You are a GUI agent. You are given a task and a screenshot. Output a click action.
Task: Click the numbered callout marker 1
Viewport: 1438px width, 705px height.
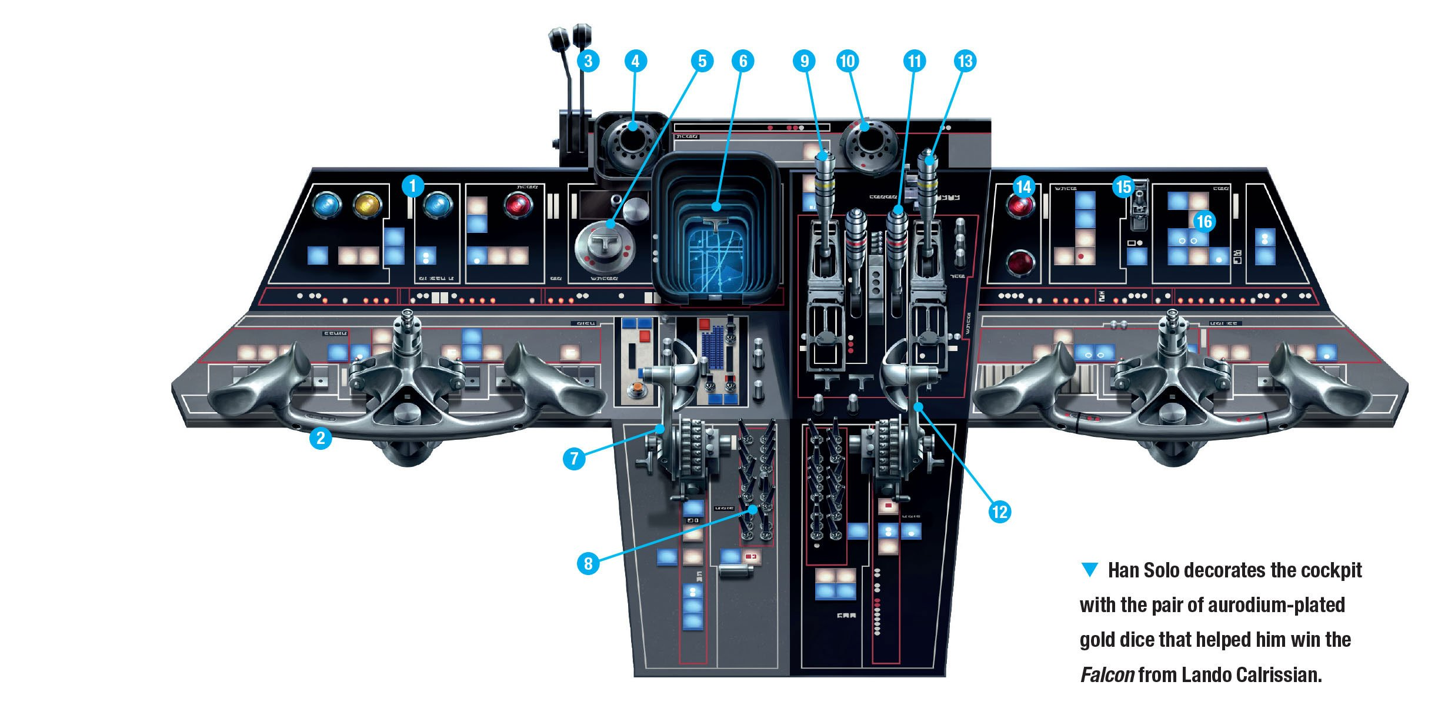pyautogui.click(x=412, y=186)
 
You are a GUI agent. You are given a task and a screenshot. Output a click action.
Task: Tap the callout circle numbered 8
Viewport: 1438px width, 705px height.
pyautogui.click(x=588, y=563)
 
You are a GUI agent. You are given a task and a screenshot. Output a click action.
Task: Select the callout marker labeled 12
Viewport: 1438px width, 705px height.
pyautogui.click(x=999, y=511)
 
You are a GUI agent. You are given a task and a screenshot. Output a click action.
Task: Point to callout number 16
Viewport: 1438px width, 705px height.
pyautogui.click(x=1204, y=221)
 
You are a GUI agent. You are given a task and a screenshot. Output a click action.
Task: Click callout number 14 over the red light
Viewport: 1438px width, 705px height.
pyautogui.click(x=1023, y=187)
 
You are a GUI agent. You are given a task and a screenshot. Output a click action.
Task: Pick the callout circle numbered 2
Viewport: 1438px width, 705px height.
pyautogui.click(x=321, y=438)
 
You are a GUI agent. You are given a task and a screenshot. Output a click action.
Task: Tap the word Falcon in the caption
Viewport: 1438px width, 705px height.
pyautogui.click(x=1107, y=674)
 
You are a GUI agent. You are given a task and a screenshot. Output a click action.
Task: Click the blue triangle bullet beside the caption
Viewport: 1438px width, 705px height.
pyautogui.click(x=1090, y=569)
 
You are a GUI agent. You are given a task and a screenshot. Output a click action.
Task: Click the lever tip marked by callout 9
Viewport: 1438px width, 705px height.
pyautogui.click(x=822, y=157)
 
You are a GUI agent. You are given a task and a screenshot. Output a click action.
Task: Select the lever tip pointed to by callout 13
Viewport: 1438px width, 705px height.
pyautogui.click(x=927, y=159)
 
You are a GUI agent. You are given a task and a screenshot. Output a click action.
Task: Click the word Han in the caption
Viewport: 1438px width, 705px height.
pyautogui.click(x=1123, y=570)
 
